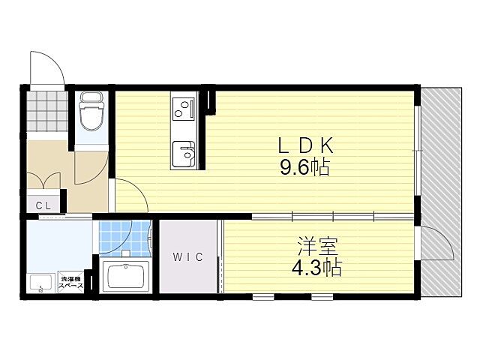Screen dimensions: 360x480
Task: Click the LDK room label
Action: click(x=304, y=145)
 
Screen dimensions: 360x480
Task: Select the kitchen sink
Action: click(x=183, y=154)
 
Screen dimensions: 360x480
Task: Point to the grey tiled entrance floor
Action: click(x=45, y=112)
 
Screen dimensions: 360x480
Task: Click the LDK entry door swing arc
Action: click(x=131, y=196)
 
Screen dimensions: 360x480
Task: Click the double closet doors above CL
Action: click(x=43, y=181)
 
